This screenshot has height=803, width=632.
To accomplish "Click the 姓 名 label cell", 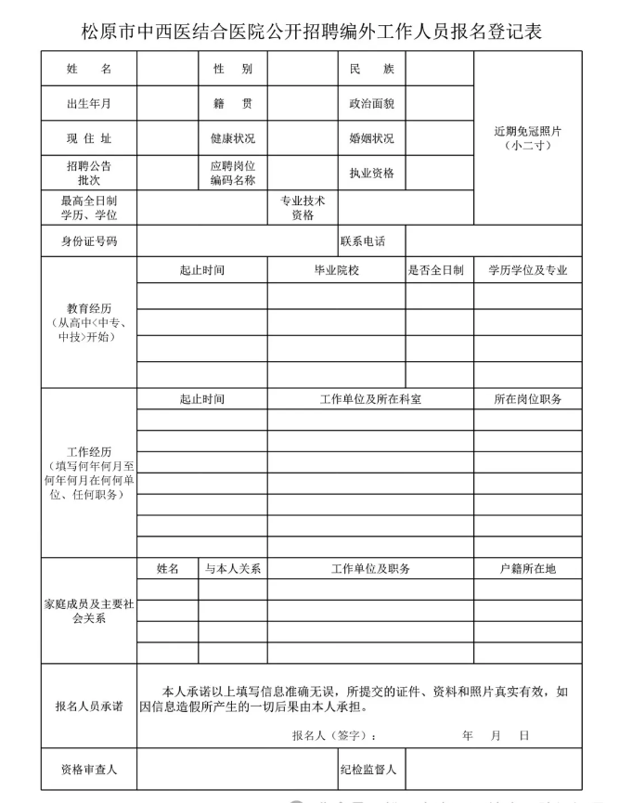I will click(x=88, y=70).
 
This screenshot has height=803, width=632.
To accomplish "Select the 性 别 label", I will click(x=232, y=70).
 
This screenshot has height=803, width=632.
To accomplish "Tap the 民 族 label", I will click(x=370, y=70).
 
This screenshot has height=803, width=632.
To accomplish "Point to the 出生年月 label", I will click(x=88, y=103).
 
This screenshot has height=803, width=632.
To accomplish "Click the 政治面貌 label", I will click(x=370, y=103).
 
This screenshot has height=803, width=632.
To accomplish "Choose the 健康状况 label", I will click(x=232, y=138).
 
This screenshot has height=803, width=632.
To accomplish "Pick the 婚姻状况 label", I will click(x=370, y=138).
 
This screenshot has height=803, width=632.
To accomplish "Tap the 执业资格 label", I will click(x=370, y=174).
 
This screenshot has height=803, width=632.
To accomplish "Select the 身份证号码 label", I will click(x=88, y=242).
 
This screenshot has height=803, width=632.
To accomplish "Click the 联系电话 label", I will click(x=362, y=242).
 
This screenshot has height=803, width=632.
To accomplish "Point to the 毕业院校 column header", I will click(x=336, y=271).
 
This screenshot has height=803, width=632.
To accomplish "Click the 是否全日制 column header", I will click(x=438, y=271).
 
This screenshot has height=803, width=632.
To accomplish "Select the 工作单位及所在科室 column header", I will click(x=370, y=399).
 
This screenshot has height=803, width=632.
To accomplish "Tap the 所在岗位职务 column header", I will click(x=527, y=399).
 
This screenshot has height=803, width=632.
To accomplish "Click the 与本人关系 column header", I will click(x=232, y=568).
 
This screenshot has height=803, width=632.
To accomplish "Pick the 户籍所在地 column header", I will click(x=527, y=568).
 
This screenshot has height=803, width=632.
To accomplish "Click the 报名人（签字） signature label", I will click(x=334, y=735).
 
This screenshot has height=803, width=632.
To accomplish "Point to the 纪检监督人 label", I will click(x=370, y=769).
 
